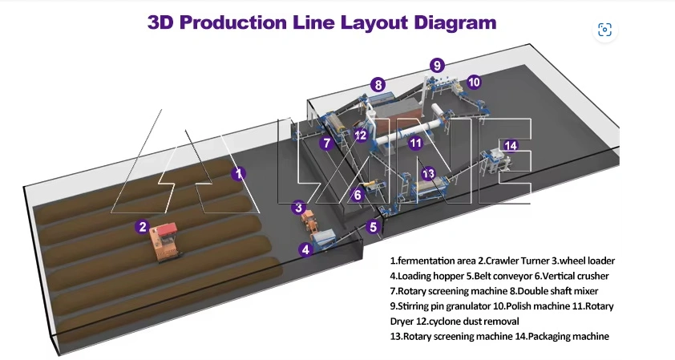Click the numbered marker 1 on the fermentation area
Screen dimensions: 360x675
click(x=238, y=172)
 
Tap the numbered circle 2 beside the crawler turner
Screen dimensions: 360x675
click(x=142, y=227)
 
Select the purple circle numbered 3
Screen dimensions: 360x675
click(x=298, y=207)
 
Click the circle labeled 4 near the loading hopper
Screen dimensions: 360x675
click(x=305, y=249)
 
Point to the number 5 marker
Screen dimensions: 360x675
click(x=373, y=227)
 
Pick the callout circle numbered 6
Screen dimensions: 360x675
click(x=358, y=194)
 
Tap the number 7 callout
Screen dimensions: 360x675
click(x=326, y=144)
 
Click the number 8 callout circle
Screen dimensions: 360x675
click(x=378, y=84)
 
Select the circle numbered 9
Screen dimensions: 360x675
click(x=436, y=65)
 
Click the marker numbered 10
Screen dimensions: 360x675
click(x=473, y=82)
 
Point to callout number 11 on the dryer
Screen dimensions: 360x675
click(x=415, y=144)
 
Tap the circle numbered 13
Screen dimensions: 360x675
click(x=428, y=173)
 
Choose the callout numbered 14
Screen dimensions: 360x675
click(x=511, y=145)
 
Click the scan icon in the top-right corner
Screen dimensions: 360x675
click(x=605, y=30)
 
